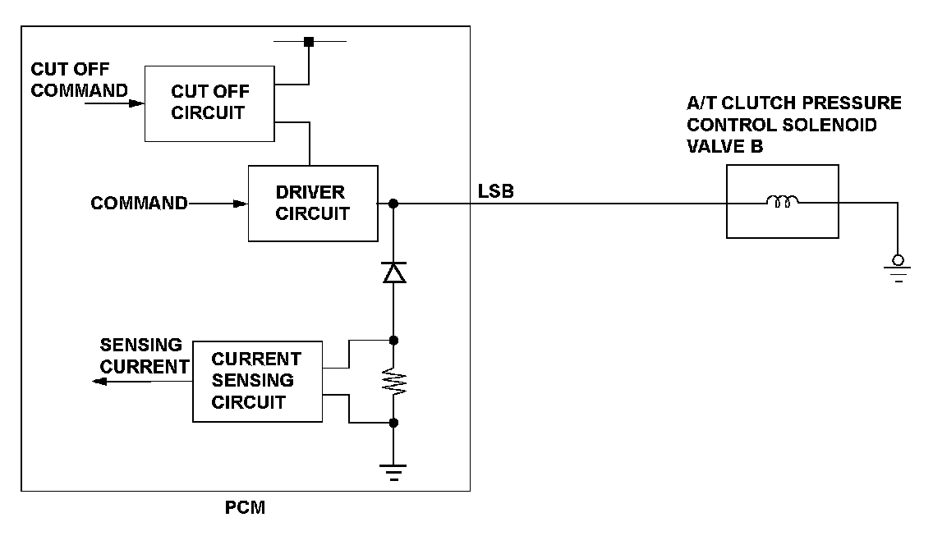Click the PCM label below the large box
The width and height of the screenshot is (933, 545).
pyautogui.click(x=245, y=507)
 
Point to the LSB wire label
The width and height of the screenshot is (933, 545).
pyautogui.click(x=496, y=191)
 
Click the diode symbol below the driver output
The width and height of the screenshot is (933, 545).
pyautogui.click(x=393, y=272)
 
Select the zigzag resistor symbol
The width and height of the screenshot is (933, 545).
pyautogui.click(x=393, y=382)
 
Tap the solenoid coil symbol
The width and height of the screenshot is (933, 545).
pyautogui.click(x=783, y=201)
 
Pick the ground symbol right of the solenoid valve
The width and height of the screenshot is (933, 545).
pyautogui.click(x=898, y=268)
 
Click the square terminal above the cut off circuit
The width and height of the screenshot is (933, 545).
pyautogui.click(x=309, y=42)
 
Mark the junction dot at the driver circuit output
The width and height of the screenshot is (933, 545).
pyautogui.click(x=393, y=204)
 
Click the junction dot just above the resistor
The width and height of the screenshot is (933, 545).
pyautogui.click(x=393, y=341)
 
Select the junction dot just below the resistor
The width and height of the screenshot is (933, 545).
pyautogui.click(x=393, y=424)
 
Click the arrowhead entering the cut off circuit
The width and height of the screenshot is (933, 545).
pyautogui.click(x=137, y=103)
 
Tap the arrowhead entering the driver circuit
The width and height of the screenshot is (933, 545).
pyautogui.click(x=241, y=204)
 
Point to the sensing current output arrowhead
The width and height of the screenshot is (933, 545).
pyautogui.click(x=99, y=382)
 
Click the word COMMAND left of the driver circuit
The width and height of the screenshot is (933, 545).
pyautogui.click(x=140, y=204)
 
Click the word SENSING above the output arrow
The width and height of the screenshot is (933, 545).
pyautogui.click(x=141, y=345)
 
